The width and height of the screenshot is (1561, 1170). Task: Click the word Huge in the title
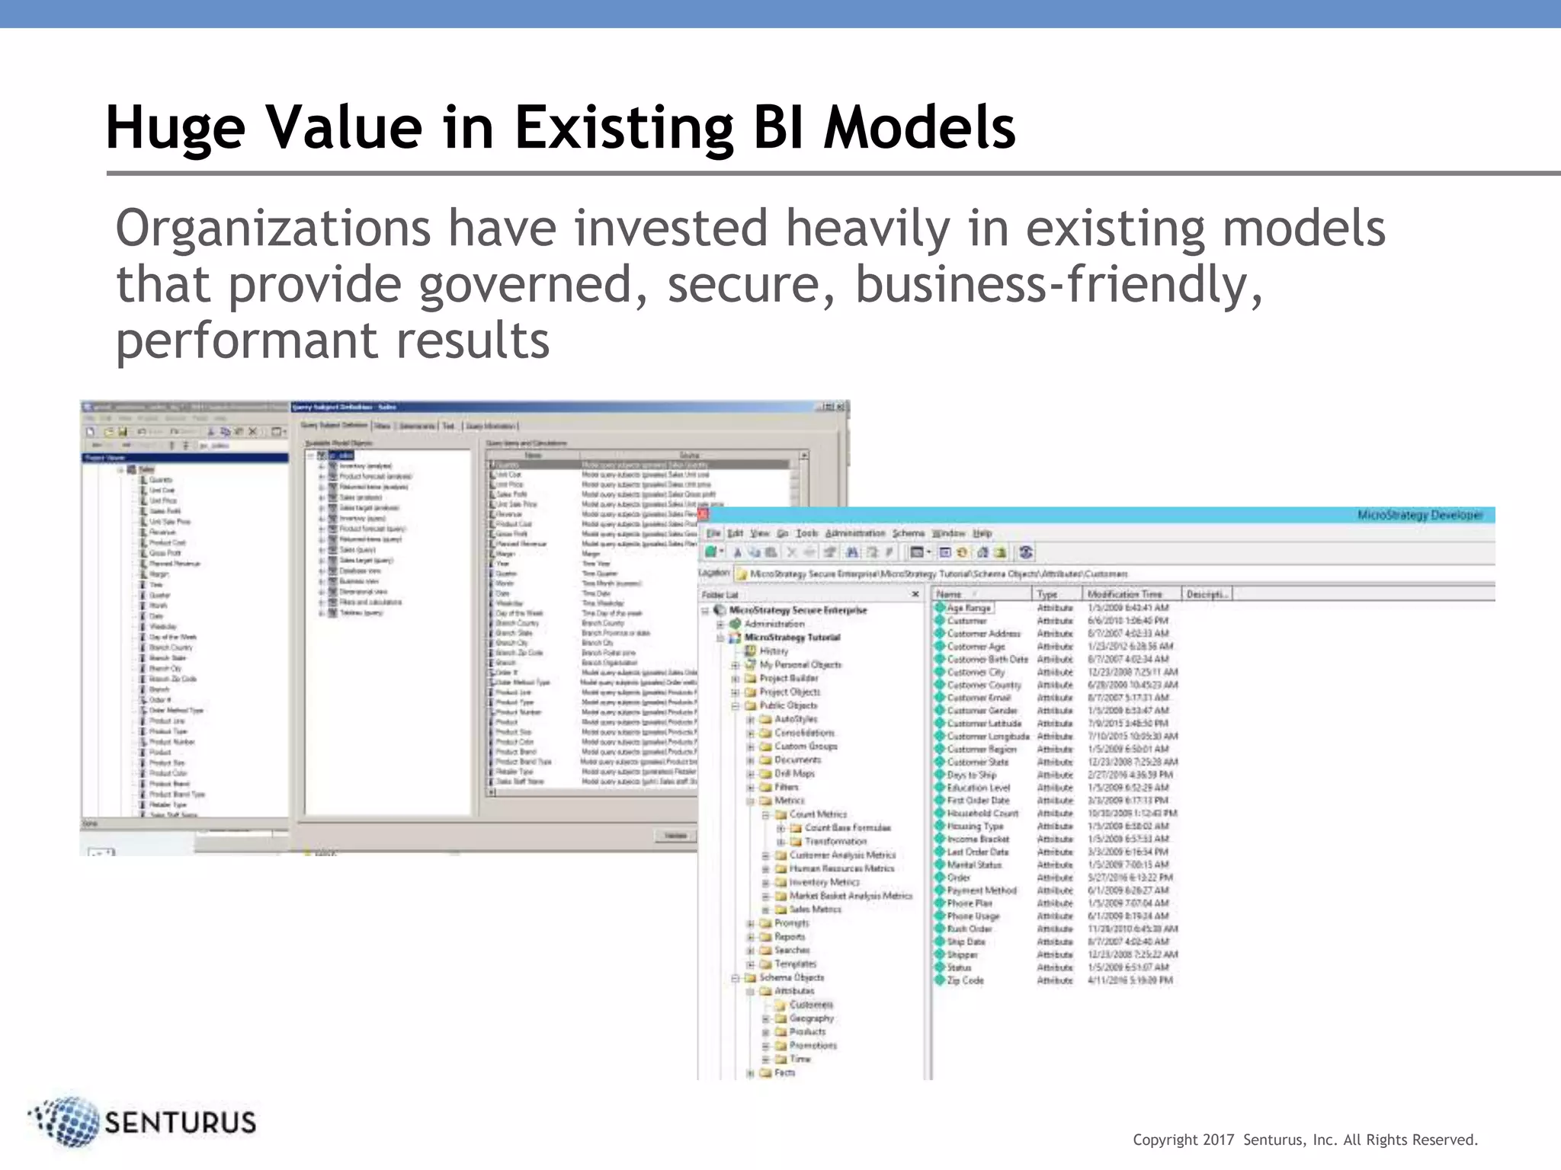pos(175,127)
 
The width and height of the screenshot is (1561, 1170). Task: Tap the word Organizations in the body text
pos(273,229)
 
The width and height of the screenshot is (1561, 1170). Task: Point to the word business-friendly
pos(1058,284)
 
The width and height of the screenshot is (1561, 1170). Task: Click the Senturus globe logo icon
pos(67,1121)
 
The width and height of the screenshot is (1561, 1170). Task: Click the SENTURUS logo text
pos(180,1123)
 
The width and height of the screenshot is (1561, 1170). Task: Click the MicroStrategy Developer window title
pos(1419,516)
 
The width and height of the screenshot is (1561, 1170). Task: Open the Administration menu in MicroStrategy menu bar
pos(854,533)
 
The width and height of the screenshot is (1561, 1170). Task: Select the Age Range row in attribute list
pos(968,608)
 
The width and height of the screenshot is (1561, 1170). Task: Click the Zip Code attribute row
pos(965,980)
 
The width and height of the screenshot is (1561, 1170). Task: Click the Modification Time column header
pos(1124,594)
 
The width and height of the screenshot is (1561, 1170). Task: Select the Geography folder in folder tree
pos(811,1018)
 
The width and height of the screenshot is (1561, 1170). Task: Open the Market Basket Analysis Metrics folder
pos(850,896)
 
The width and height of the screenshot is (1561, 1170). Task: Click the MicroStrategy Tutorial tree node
pos(792,638)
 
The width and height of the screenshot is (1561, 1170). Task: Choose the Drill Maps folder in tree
pos(794,773)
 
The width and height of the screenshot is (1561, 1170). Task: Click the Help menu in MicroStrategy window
pos(982,533)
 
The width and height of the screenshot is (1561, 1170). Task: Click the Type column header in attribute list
pos(1047,594)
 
